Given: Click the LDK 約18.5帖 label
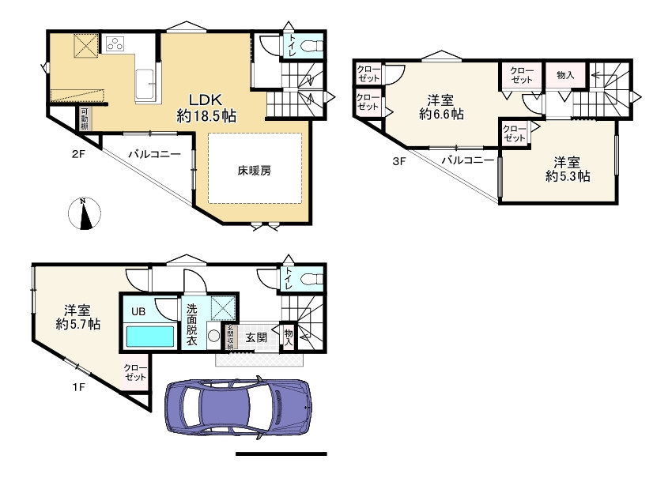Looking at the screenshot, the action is click(x=206, y=108).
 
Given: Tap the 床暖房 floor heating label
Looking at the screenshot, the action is click(x=255, y=171).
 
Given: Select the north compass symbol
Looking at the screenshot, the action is click(x=85, y=213).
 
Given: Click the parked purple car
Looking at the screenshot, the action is click(x=238, y=408).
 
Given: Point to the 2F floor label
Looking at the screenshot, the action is click(x=78, y=154).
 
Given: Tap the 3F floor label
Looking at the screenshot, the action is click(x=399, y=162).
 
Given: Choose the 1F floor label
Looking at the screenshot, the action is click(x=78, y=387).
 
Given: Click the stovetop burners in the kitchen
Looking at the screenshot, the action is click(x=115, y=43).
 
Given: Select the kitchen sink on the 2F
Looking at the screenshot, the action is click(x=145, y=85).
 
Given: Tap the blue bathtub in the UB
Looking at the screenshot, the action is click(x=150, y=337).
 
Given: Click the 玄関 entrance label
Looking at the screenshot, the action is click(x=256, y=337).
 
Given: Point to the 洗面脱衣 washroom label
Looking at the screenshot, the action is click(x=192, y=325).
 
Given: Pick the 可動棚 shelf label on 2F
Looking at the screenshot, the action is click(x=85, y=119).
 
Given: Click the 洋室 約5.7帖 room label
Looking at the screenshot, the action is click(x=77, y=317).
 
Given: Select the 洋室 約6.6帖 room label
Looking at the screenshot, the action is click(x=441, y=107).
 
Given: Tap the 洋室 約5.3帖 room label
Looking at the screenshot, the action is click(x=568, y=170).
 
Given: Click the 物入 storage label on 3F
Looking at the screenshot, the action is click(x=565, y=75).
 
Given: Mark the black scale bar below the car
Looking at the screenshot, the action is click(x=281, y=454).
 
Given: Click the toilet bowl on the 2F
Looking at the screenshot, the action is click(x=312, y=45).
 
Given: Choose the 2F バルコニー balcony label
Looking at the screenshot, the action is click(x=155, y=154).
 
